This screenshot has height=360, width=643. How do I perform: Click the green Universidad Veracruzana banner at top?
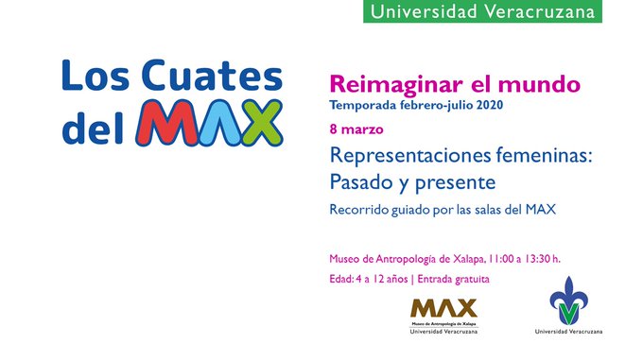point(483,12)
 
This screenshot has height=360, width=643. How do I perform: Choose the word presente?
point(455,180)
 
